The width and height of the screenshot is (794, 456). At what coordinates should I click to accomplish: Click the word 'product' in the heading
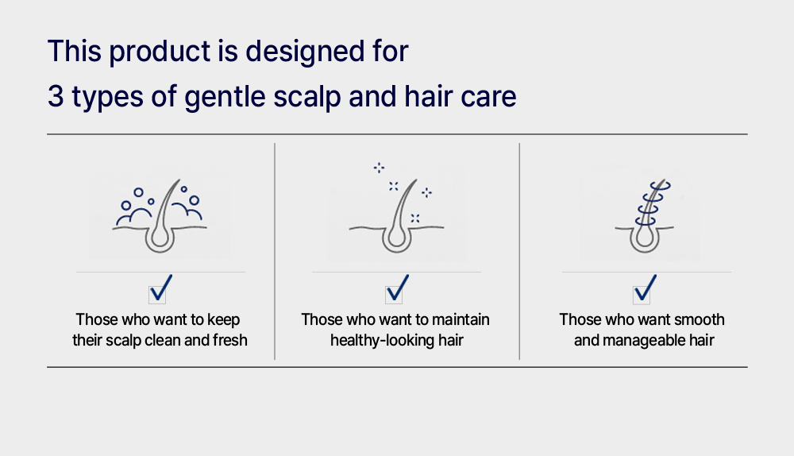160,52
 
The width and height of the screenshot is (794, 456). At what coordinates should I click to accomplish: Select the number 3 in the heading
56,96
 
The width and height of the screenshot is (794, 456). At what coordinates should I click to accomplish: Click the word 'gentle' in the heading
225,97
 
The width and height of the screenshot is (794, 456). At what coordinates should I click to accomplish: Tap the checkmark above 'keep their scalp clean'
160,288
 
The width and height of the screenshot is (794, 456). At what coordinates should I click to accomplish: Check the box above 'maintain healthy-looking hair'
397,288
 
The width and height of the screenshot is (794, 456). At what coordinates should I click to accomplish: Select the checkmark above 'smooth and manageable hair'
645,288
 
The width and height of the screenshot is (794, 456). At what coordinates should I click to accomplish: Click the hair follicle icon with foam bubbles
160,215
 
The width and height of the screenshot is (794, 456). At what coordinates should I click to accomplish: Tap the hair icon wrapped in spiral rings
645,216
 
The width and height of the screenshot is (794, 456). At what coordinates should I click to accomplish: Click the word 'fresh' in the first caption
230,340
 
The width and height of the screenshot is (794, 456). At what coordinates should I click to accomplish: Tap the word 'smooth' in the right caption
700,319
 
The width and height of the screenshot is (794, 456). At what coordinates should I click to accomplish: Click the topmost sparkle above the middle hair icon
379,168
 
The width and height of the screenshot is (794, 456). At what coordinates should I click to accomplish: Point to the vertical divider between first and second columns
275,251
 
